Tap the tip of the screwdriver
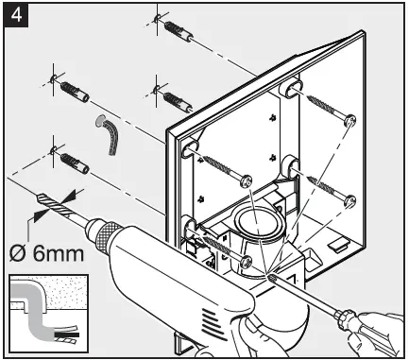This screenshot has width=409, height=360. pos(272,277)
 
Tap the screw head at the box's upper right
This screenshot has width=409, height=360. pos(349,120)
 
